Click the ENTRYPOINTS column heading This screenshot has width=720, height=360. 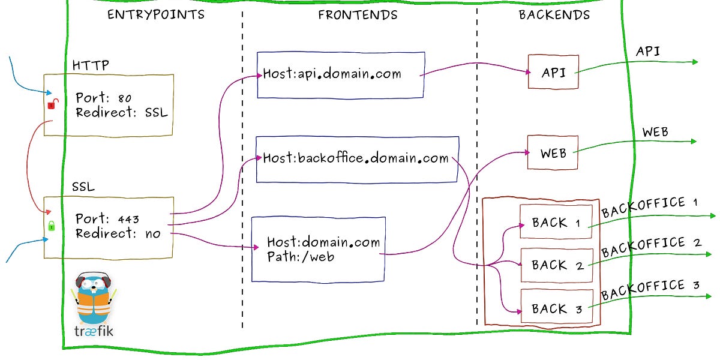tap(155, 15)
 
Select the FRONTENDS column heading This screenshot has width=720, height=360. tap(358, 15)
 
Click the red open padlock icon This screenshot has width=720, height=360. tap(52, 104)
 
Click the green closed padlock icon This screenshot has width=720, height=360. tap(52, 226)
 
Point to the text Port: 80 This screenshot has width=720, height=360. tap(104, 98)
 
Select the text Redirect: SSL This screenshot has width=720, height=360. tap(122, 113)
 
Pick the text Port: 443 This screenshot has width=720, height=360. tap(107, 219)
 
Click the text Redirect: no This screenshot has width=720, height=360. tap(118, 234)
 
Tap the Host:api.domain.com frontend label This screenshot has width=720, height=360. tap(332, 74)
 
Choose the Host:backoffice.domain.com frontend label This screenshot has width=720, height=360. tap(356, 158)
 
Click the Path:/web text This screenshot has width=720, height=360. tap(301, 257)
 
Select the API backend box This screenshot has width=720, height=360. tap(553, 72)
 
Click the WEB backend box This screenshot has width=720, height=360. tap(553, 152)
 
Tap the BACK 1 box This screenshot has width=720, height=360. tap(556, 223)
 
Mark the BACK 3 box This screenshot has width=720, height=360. tap(557, 309)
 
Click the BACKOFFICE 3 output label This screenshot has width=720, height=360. tap(650, 289)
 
